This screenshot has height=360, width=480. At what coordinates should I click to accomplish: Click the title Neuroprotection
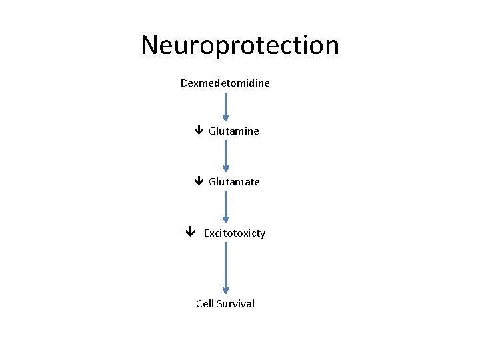click(240, 46)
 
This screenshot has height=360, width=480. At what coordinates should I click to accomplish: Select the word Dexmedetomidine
click(225, 84)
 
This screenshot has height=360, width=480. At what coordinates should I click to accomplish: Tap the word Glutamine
click(233, 131)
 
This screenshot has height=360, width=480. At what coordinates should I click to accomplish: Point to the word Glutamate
click(234, 182)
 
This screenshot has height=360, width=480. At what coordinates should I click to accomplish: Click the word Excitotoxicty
click(234, 233)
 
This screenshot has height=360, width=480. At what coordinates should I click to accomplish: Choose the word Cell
click(205, 304)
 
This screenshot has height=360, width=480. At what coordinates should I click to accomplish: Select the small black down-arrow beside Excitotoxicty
click(190, 233)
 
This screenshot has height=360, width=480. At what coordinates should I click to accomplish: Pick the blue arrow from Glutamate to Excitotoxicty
click(226, 207)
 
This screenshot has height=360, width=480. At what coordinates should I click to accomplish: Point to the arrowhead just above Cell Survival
click(226, 290)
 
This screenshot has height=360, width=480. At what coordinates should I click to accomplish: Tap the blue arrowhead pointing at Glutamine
click(226, 120)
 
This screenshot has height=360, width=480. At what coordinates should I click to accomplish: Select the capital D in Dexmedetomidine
click(184, 84)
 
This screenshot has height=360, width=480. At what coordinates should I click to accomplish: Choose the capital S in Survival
click(220, 304)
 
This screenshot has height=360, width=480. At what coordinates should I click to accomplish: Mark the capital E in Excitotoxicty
click(207, 233)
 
